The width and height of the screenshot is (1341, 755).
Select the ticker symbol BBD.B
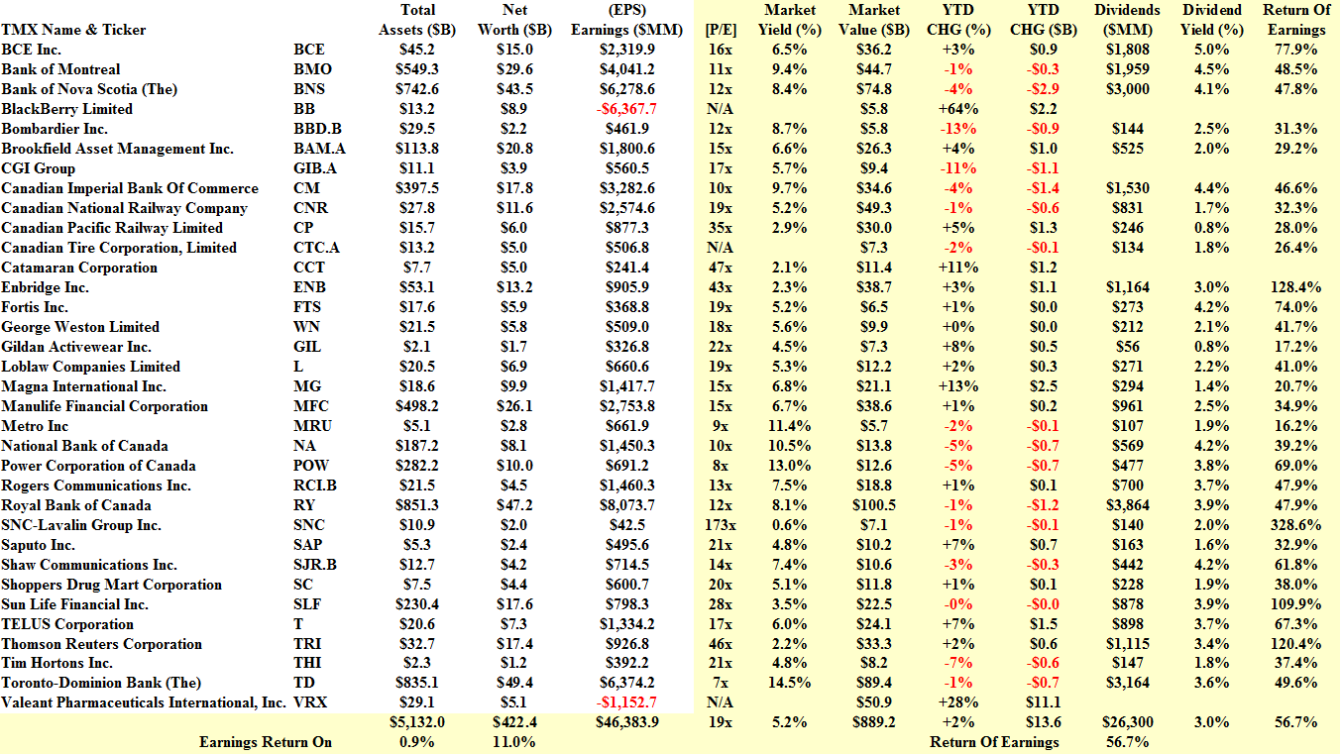coord(317,129)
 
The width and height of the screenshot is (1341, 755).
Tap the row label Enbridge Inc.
coord(46,287)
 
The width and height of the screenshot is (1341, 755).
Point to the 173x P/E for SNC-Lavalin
coord(721,525)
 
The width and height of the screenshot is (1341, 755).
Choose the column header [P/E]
coord(720,30)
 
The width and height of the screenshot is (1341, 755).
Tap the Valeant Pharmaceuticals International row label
coord(143,702)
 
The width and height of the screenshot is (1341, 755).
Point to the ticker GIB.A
coord(316,168)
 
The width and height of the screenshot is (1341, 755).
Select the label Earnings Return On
coord(266,742)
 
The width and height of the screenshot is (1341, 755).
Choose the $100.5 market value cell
coord(874,505)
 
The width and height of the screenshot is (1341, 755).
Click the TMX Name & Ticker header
coord(74,30)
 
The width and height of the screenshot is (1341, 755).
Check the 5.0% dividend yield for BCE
coord(1211,50)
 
